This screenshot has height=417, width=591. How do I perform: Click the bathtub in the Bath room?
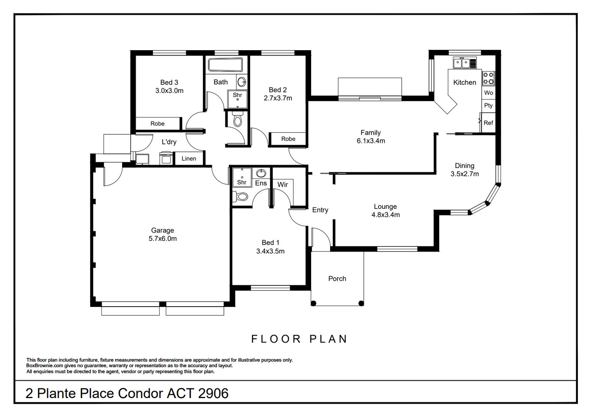[x=225, y=64]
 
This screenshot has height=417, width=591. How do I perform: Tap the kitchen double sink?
[x=462, y=63]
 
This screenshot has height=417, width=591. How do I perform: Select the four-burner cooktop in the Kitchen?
[x=488, y=78]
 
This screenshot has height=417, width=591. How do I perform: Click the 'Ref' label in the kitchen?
[x=488, y=123]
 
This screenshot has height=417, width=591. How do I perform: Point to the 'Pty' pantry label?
[x=488, y=105]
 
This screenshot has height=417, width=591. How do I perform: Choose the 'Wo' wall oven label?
[x=489, y=93]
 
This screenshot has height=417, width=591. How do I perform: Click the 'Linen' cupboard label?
[x=189, y=159]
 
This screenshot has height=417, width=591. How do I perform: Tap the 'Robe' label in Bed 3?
[x=158, y=124]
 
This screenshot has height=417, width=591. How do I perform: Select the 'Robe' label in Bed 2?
[x=288, y=139]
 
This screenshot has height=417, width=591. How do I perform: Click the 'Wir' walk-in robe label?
[x=283, y=185]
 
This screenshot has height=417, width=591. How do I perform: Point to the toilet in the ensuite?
[x=240, y=197]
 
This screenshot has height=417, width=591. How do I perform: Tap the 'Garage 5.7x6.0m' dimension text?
[x=162, y=234]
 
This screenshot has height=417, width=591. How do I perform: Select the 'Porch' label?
[x=337, y=279]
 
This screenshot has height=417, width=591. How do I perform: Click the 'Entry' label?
[x=320, y=210]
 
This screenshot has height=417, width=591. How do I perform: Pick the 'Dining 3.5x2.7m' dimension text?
[x=465, y=170]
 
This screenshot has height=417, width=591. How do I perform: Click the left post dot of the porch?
[x=313, y=303]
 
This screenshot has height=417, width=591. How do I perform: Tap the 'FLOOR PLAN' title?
[x=299, y=339]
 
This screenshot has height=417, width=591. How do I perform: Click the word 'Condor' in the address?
[x=140, y=393]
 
